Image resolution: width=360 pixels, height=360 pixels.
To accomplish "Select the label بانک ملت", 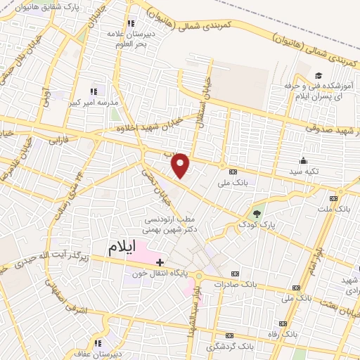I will pos(333,210).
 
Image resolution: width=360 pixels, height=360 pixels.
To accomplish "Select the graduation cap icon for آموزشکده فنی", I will pos(319,75).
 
